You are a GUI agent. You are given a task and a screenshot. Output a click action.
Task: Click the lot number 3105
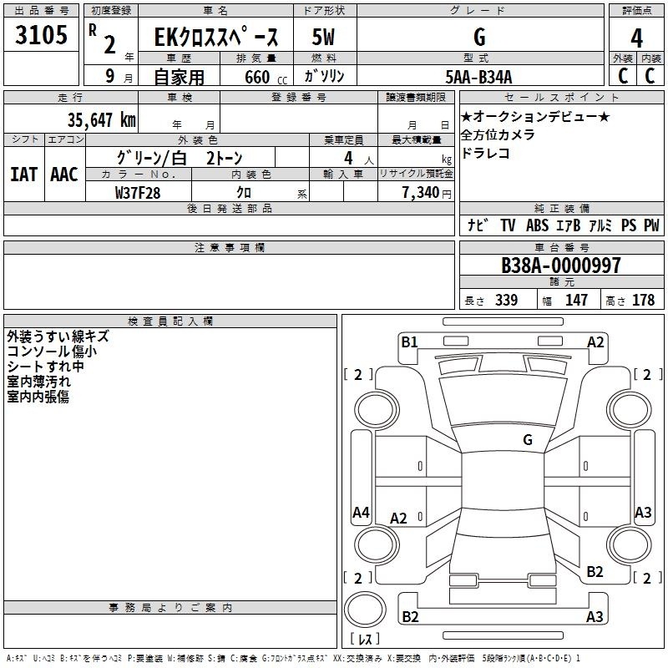(x=41, y=35)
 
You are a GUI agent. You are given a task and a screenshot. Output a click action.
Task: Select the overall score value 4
(x=636, y=38)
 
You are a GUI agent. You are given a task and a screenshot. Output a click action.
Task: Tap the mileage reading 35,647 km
(x=102, y=120)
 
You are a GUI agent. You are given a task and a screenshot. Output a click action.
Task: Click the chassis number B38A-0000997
(x=561, y=266)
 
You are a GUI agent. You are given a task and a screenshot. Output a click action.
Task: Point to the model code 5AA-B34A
(x=478, y=77)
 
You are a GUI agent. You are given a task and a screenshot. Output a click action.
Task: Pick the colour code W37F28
(x=138, y=193)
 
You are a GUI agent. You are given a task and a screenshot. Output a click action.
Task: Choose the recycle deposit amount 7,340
(x=421, y=193)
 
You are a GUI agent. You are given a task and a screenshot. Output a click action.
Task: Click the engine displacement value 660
(x=257, y=77)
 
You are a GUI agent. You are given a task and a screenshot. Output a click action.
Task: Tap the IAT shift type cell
(x=23, y=175)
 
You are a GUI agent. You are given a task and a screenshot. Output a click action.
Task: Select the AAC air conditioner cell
(x=64, y=175)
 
